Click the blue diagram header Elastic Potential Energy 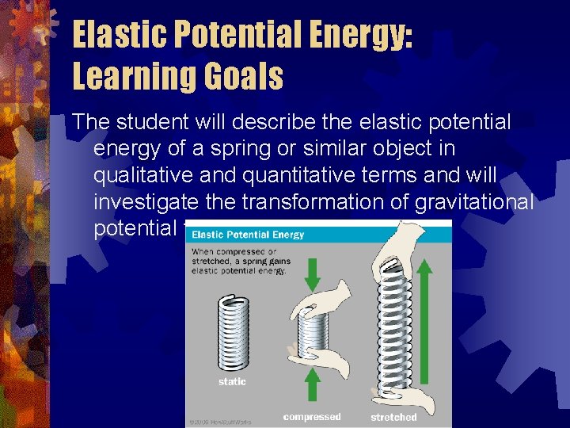point(248,235)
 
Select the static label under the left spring point(232,382)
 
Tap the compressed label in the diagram point(311,416)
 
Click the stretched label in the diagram point(393,417)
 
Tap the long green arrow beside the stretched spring point(424,329)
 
